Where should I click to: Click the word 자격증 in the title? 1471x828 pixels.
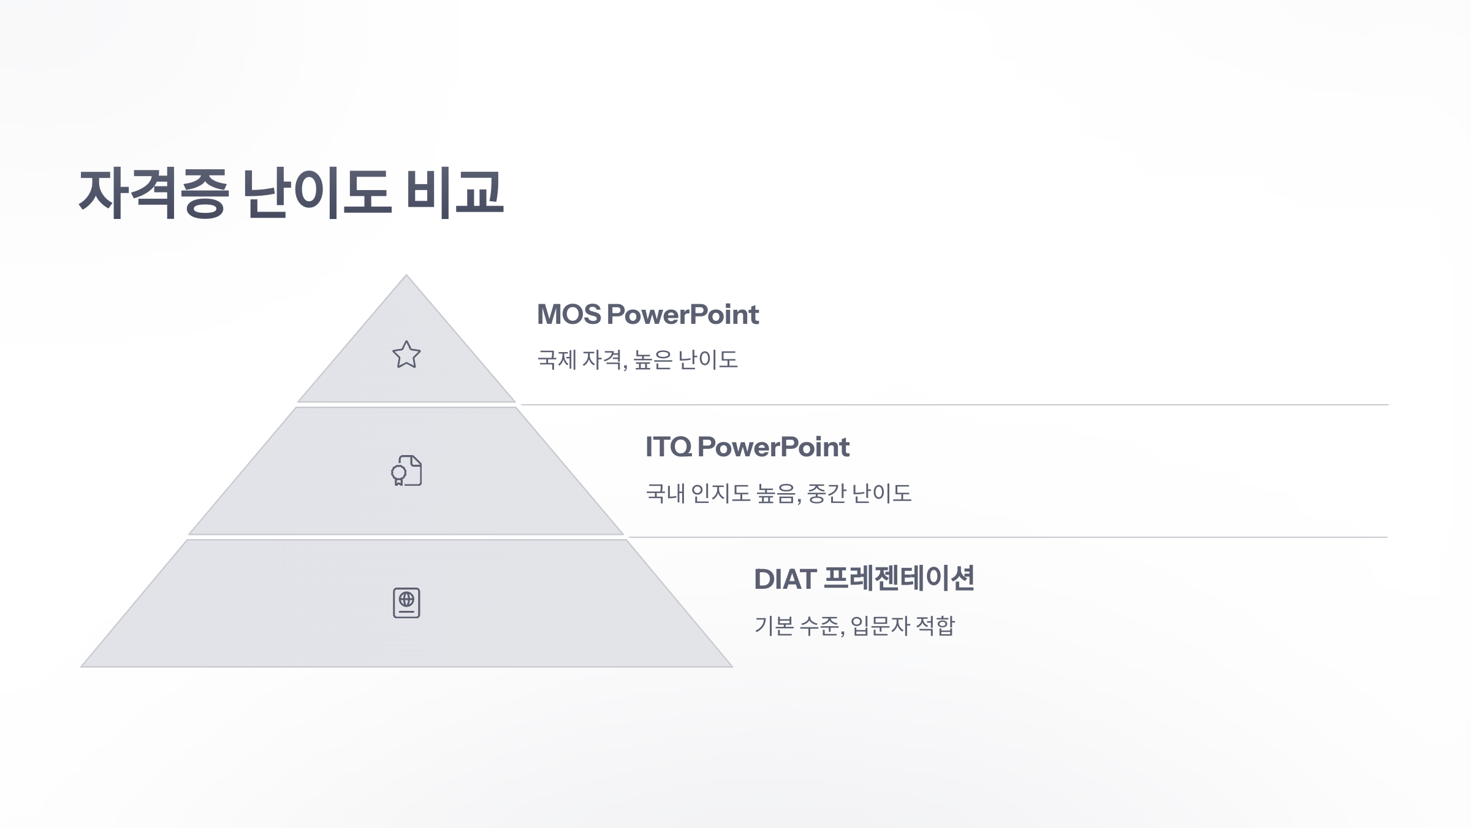coord(153,193)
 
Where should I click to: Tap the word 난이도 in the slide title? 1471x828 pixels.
coord(317,193)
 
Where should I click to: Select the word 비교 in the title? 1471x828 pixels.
coord(455,193)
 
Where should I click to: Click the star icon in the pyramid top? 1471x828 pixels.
coord(406,355)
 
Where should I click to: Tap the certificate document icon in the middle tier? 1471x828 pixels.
coord(406,471)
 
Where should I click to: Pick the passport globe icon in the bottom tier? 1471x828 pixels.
coord(406,603)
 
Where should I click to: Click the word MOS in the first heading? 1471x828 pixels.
coord(569,315)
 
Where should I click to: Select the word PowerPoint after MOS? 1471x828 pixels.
coord(683,315)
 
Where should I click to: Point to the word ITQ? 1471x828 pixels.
coord(668,447)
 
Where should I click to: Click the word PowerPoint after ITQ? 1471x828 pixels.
coord(774,447)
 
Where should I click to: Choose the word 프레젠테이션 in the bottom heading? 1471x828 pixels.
coord(899,579)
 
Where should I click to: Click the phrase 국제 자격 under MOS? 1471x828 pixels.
coord(581,359)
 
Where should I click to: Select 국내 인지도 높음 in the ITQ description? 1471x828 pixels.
coord(721,493)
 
